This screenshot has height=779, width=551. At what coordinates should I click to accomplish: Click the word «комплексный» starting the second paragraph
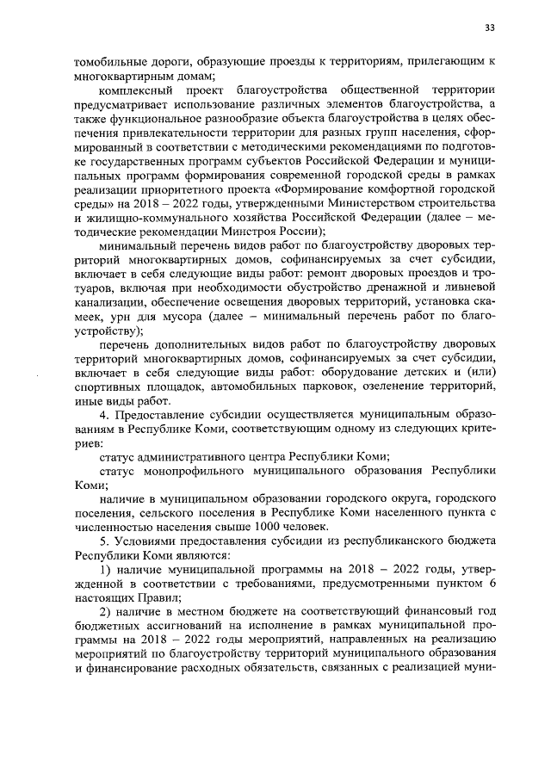(x=134, y=90)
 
